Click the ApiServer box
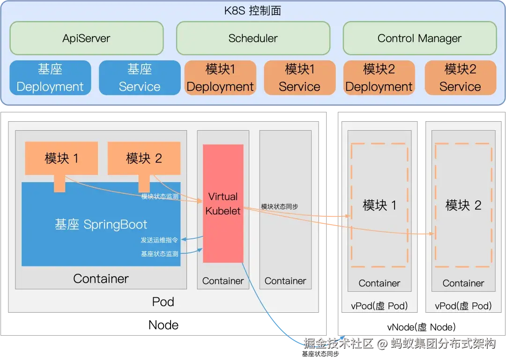86,38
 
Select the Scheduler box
253,38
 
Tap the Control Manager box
419,38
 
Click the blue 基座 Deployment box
50,78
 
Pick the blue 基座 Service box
140,78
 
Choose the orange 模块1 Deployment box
220,78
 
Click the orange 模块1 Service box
299,78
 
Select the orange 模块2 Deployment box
379,78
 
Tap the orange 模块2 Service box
460,78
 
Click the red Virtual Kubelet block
223,204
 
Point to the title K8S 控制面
253,11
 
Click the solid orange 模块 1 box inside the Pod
61,158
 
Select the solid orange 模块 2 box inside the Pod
144,158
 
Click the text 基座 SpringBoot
101,225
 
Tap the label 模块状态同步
280,206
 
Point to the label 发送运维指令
159,240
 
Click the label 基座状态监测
159,254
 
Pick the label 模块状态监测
160,197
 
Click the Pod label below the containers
163,301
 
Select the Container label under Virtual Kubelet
223,281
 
